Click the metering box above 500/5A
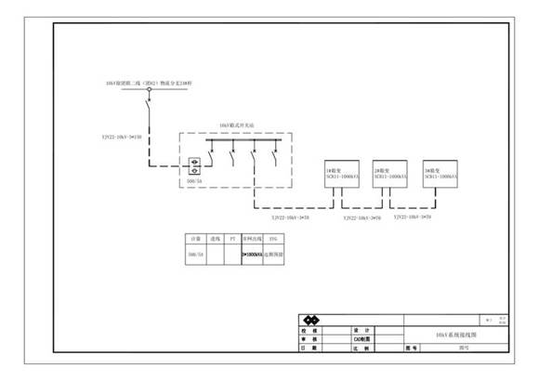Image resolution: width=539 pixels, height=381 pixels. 196,167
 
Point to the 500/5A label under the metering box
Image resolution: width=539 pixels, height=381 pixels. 196,182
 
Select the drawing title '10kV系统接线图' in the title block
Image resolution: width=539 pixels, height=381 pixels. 456,333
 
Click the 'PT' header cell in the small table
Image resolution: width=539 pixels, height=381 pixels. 233,239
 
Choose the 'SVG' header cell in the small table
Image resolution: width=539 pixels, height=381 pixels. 272,239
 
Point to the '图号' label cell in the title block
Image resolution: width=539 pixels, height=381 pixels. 413,348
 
